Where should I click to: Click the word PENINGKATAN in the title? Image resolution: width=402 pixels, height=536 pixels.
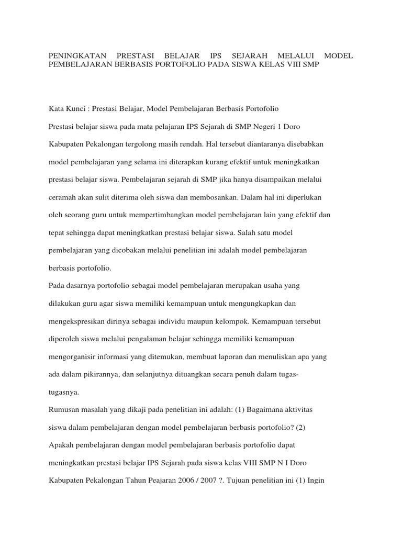[77, 55]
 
